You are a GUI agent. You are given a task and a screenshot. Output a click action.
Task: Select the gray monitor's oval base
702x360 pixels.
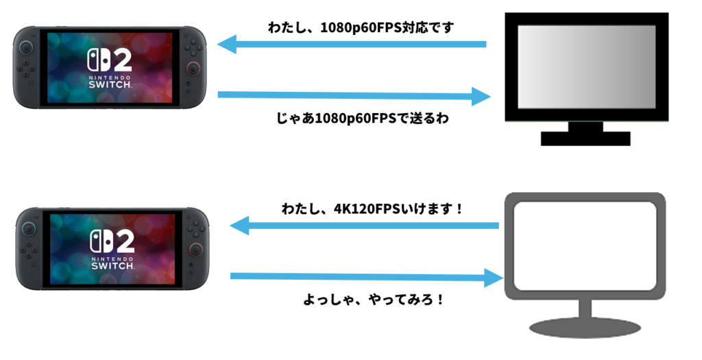coord(585,328)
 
